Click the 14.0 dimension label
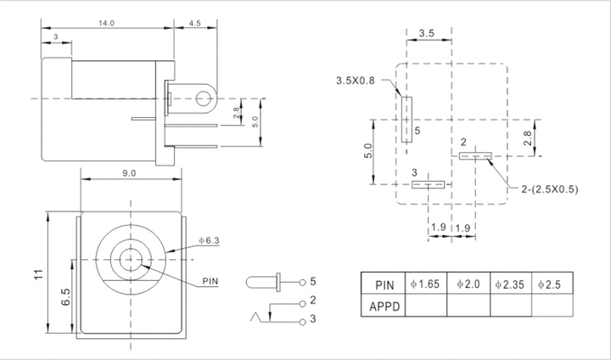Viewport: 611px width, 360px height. [106, 23]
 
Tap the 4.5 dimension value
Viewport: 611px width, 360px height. [195, 23]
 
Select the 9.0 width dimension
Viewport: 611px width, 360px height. [129, 173]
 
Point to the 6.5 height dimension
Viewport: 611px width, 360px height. [66, 297]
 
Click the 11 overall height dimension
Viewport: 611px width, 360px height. [38, 274]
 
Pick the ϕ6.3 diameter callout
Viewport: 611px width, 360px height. [210, 240]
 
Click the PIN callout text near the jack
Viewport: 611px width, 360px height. [210, 281]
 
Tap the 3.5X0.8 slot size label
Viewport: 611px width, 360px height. [355, 81]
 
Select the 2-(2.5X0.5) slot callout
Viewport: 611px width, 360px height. [550, 189]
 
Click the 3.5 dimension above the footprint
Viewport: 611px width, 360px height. [427, 33]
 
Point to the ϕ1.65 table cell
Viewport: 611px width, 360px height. [425, 284]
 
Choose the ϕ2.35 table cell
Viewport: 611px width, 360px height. [510, 284]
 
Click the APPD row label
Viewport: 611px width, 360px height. [384, 307]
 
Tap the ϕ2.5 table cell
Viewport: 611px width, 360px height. [552, 284]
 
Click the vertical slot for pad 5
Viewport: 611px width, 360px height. [406, 120]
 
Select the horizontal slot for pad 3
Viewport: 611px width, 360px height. [429, 184]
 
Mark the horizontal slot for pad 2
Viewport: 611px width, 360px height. [475, 156]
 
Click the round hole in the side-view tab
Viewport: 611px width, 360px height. [203, 98]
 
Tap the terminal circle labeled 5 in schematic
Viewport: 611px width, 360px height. [302, 283]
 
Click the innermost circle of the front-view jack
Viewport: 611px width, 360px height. [130, 260]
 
